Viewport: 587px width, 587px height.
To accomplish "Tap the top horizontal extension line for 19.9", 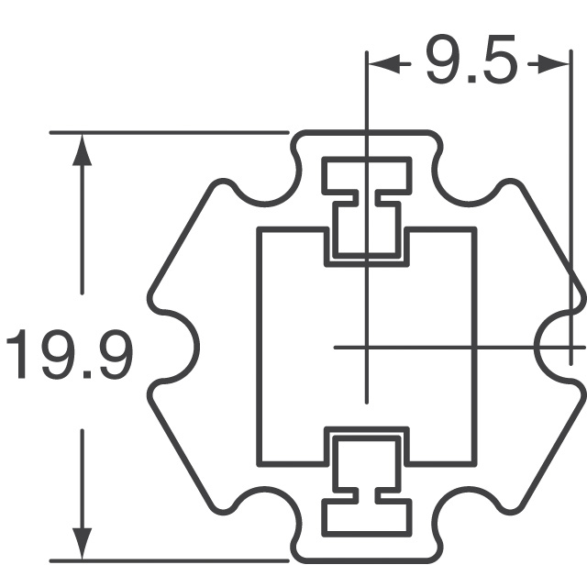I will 165,133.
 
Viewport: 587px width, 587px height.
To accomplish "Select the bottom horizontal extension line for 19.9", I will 165,559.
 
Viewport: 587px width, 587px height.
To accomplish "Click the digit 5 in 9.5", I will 496,62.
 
